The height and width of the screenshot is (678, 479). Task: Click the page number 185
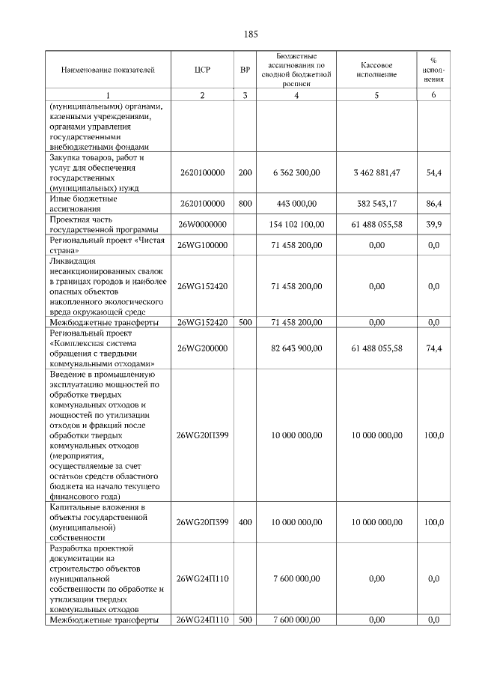[x=251, y=34]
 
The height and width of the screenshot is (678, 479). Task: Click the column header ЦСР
[x=201, y=70]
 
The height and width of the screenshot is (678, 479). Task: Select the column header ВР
[x=245, y=70]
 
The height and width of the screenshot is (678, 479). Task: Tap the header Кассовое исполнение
[x=376, y=70]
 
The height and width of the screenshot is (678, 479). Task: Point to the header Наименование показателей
[x=108, y=70]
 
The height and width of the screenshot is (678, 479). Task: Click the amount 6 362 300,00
[x=296, y=172]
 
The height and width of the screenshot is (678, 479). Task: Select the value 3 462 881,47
[x=376, y=172]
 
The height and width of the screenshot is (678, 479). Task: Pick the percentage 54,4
[x=433, y=172]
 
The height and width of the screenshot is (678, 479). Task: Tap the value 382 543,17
[x=376, y=203]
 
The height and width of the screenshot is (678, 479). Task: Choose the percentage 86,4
[x=433, y=203]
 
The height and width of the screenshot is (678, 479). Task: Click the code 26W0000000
[x=201, y=224]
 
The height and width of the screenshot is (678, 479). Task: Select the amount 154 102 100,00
[x=296, y=224]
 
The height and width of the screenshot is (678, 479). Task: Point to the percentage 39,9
[x=433, y=224]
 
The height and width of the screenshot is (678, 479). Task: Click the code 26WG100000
[x=201, y=245]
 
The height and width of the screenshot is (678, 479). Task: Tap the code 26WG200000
[x=201, y=348]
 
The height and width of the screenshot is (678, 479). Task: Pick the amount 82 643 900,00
[x=296, y=348]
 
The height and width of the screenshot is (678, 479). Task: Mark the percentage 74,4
[x=433, y=348]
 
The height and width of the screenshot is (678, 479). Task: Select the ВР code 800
[x=245, y=203]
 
